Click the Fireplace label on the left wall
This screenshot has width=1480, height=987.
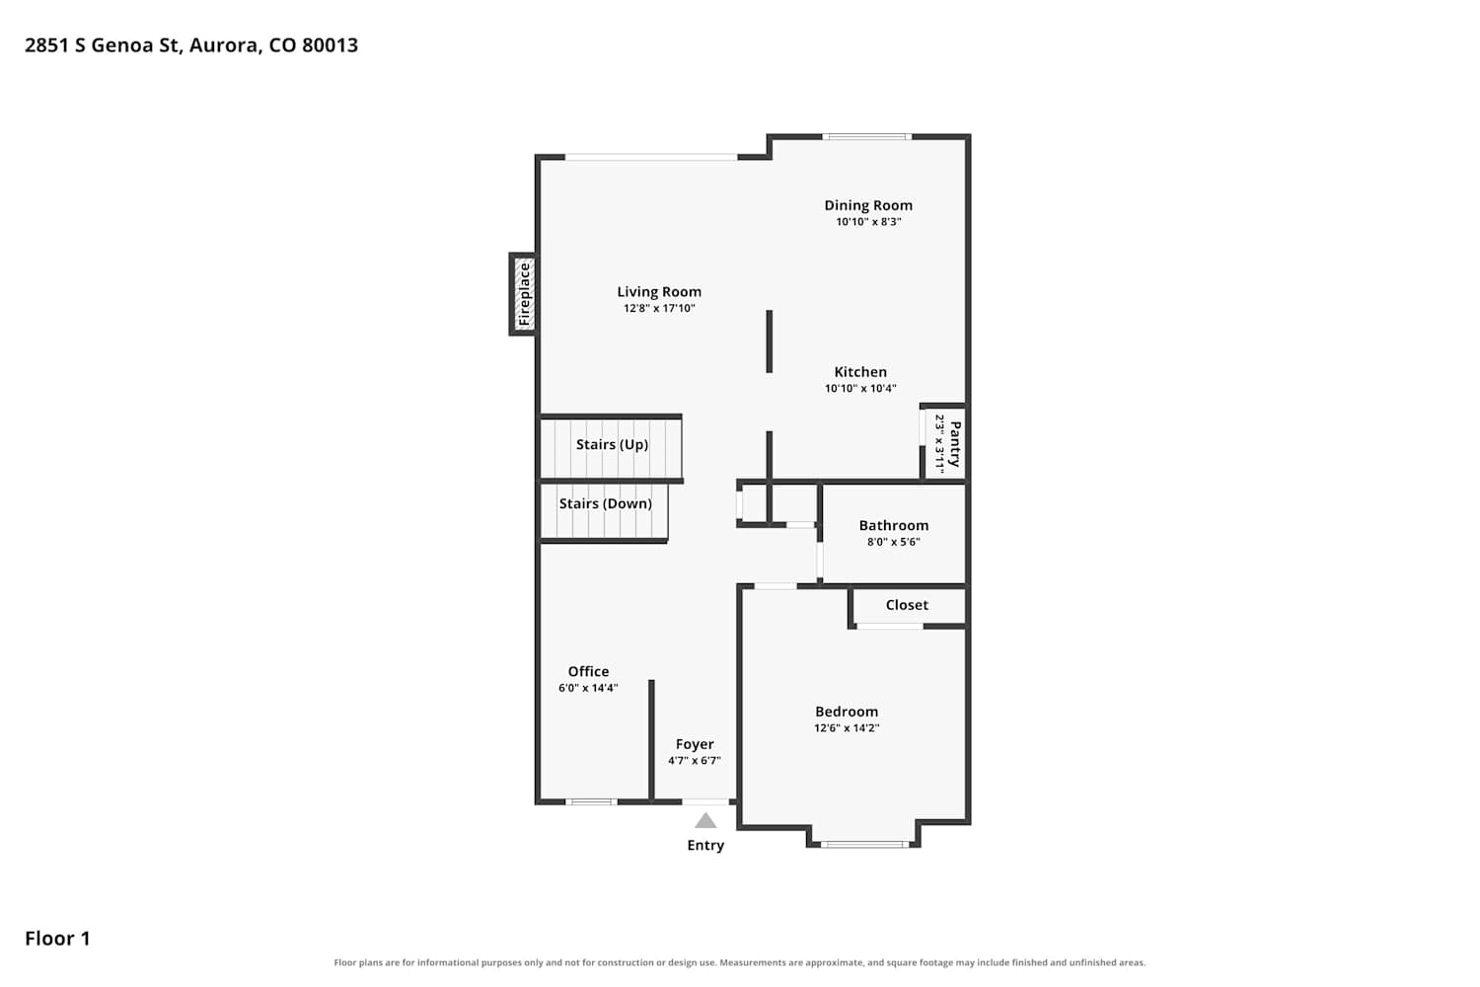coord(525,294)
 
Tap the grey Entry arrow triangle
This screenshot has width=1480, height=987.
coord(705,820)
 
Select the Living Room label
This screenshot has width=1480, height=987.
coord(659,291)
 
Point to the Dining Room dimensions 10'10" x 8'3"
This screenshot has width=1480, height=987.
coord(868,221)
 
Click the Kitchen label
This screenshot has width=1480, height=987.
coord(860,371)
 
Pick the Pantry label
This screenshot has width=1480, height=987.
coord(955,443)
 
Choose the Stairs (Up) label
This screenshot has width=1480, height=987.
coord(612,444)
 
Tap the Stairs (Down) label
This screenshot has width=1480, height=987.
coord(605,503)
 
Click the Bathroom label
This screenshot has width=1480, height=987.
coord(894,525)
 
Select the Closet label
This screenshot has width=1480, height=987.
coord(907,605)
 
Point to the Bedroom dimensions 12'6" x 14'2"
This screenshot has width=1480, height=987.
coord(847,727)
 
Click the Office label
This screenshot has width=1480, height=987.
coord(589,671)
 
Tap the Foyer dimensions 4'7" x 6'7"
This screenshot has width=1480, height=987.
coord(694,760)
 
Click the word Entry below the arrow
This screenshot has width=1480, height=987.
coord(705,845)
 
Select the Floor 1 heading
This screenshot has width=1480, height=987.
coord(57,938)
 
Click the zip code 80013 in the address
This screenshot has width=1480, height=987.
coord(330,45)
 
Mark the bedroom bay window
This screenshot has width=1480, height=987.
coord(864,844)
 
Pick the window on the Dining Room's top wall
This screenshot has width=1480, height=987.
coord(867,137)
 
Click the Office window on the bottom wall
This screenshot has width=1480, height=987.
coord(591,801)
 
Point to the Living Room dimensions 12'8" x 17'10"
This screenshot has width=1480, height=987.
coord(659,308)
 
